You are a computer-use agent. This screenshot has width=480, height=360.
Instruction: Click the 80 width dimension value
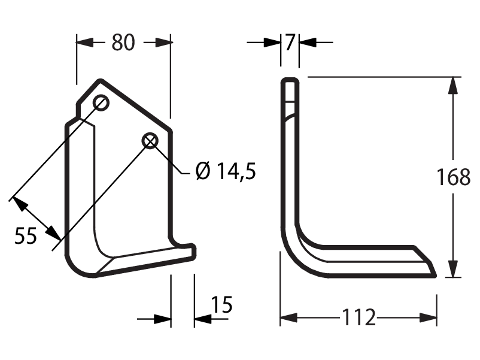click(123, 43)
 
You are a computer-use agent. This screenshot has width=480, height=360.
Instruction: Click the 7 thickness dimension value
click(290, 43)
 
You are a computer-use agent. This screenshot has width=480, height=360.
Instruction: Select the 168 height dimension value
click(453, 177)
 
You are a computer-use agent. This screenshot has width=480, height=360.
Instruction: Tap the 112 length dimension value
click(359, 317)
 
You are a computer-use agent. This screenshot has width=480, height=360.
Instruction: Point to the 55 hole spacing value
click(26, 235)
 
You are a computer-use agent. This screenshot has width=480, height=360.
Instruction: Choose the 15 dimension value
click(221, 304)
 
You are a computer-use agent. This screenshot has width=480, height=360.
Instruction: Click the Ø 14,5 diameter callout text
click(226, 171)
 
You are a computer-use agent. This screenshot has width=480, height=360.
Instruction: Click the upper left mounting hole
click(101, 102)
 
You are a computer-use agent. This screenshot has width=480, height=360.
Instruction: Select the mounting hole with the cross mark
click(150, 141)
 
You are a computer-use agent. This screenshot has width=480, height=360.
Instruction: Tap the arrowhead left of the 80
click(85, 43)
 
